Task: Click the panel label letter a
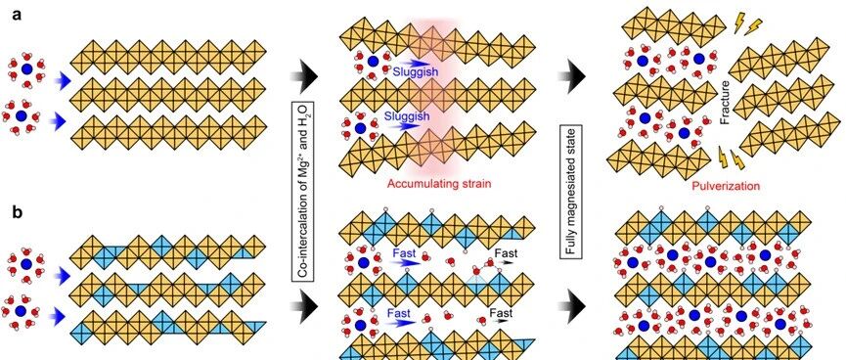coord(17,15)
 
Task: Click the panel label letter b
coord(18,213)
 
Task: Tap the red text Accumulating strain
coord(439,184)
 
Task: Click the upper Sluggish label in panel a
coord(412,72)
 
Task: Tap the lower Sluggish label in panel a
coord(412,116)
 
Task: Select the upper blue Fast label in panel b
coord(404,252)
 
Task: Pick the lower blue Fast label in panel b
coord(404,313)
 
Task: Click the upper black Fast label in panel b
coord(506,253)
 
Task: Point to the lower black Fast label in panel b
coord(501,312)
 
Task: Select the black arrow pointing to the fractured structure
coord(572,76)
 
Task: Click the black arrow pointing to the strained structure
coord(305,76)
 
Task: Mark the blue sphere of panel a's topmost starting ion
coord(25,69)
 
